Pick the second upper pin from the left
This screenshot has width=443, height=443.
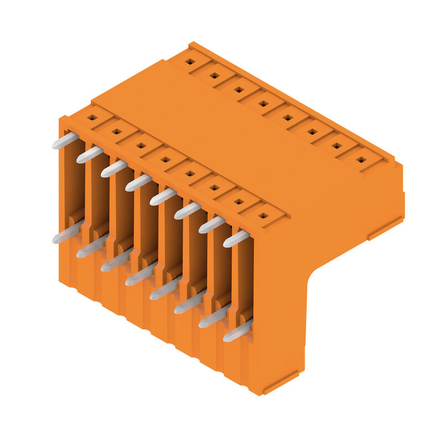pyautogui.click(x=89, y=154)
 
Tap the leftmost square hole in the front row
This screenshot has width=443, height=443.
pyautogui.click(x=92, y=117)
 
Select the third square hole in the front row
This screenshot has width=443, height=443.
pyautogui.click(x=141, y=146)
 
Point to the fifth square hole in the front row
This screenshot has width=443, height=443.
pyautogui.click(x=190, y=174)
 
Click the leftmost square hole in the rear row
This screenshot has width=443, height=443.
pyautogui.click(x=190, y=61)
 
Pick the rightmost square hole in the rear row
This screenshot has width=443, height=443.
pyautogui.click(x=360, y=159)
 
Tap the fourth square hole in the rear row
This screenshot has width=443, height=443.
pyautogui.click(x=263, y=103)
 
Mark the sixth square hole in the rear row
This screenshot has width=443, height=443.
pyautogui.click(x=312, y=131)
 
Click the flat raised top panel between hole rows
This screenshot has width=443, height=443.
pyautogui.click(x=233, y=138)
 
